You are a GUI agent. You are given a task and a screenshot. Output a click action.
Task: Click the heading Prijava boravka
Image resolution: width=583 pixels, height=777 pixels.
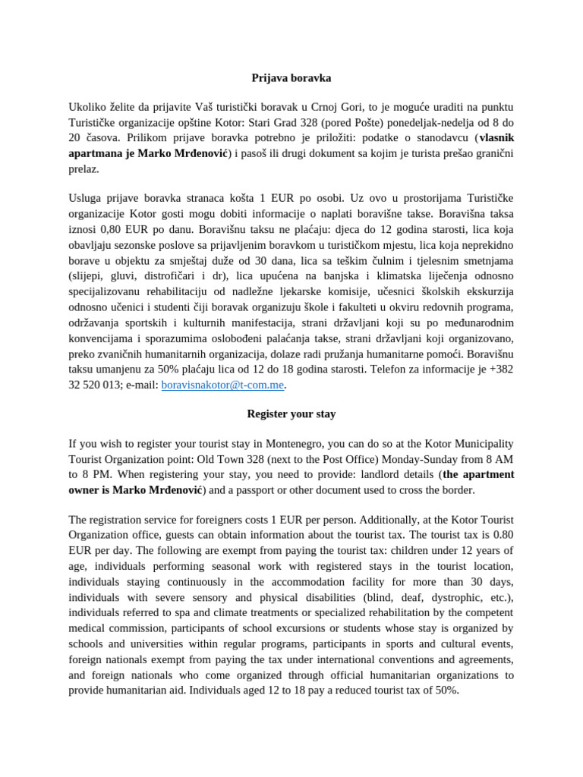click(291, 77)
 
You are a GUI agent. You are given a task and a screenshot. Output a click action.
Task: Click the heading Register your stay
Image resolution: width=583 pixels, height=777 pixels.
click(291, 414)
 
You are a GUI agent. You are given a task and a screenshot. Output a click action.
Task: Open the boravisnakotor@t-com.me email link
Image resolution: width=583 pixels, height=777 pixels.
click(222, 385)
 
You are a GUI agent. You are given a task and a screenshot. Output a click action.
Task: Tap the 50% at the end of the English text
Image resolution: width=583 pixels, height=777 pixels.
click(446, 690)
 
